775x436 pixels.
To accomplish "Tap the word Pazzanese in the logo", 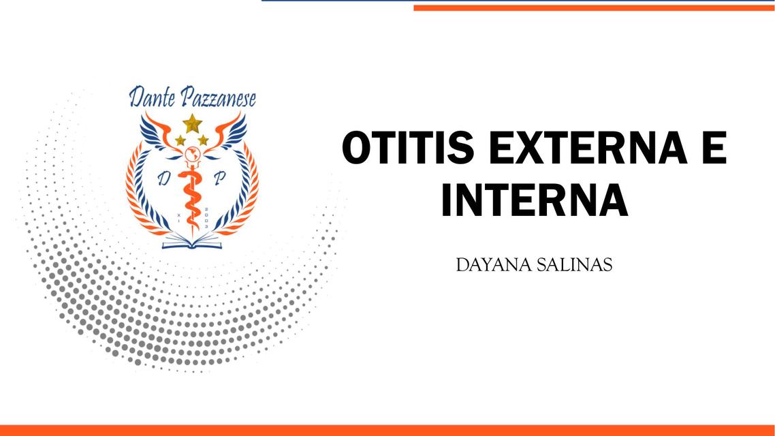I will click(x=217, y=99).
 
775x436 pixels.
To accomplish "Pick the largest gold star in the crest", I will click(x=193, y=123).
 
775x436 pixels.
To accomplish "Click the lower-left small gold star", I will click(x=180, y=140).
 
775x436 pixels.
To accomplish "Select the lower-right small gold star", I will click(x=203, y=140).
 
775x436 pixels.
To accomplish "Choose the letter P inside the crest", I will click(x=219, y=179).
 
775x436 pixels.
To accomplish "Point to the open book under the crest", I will click(x=191, y=240).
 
